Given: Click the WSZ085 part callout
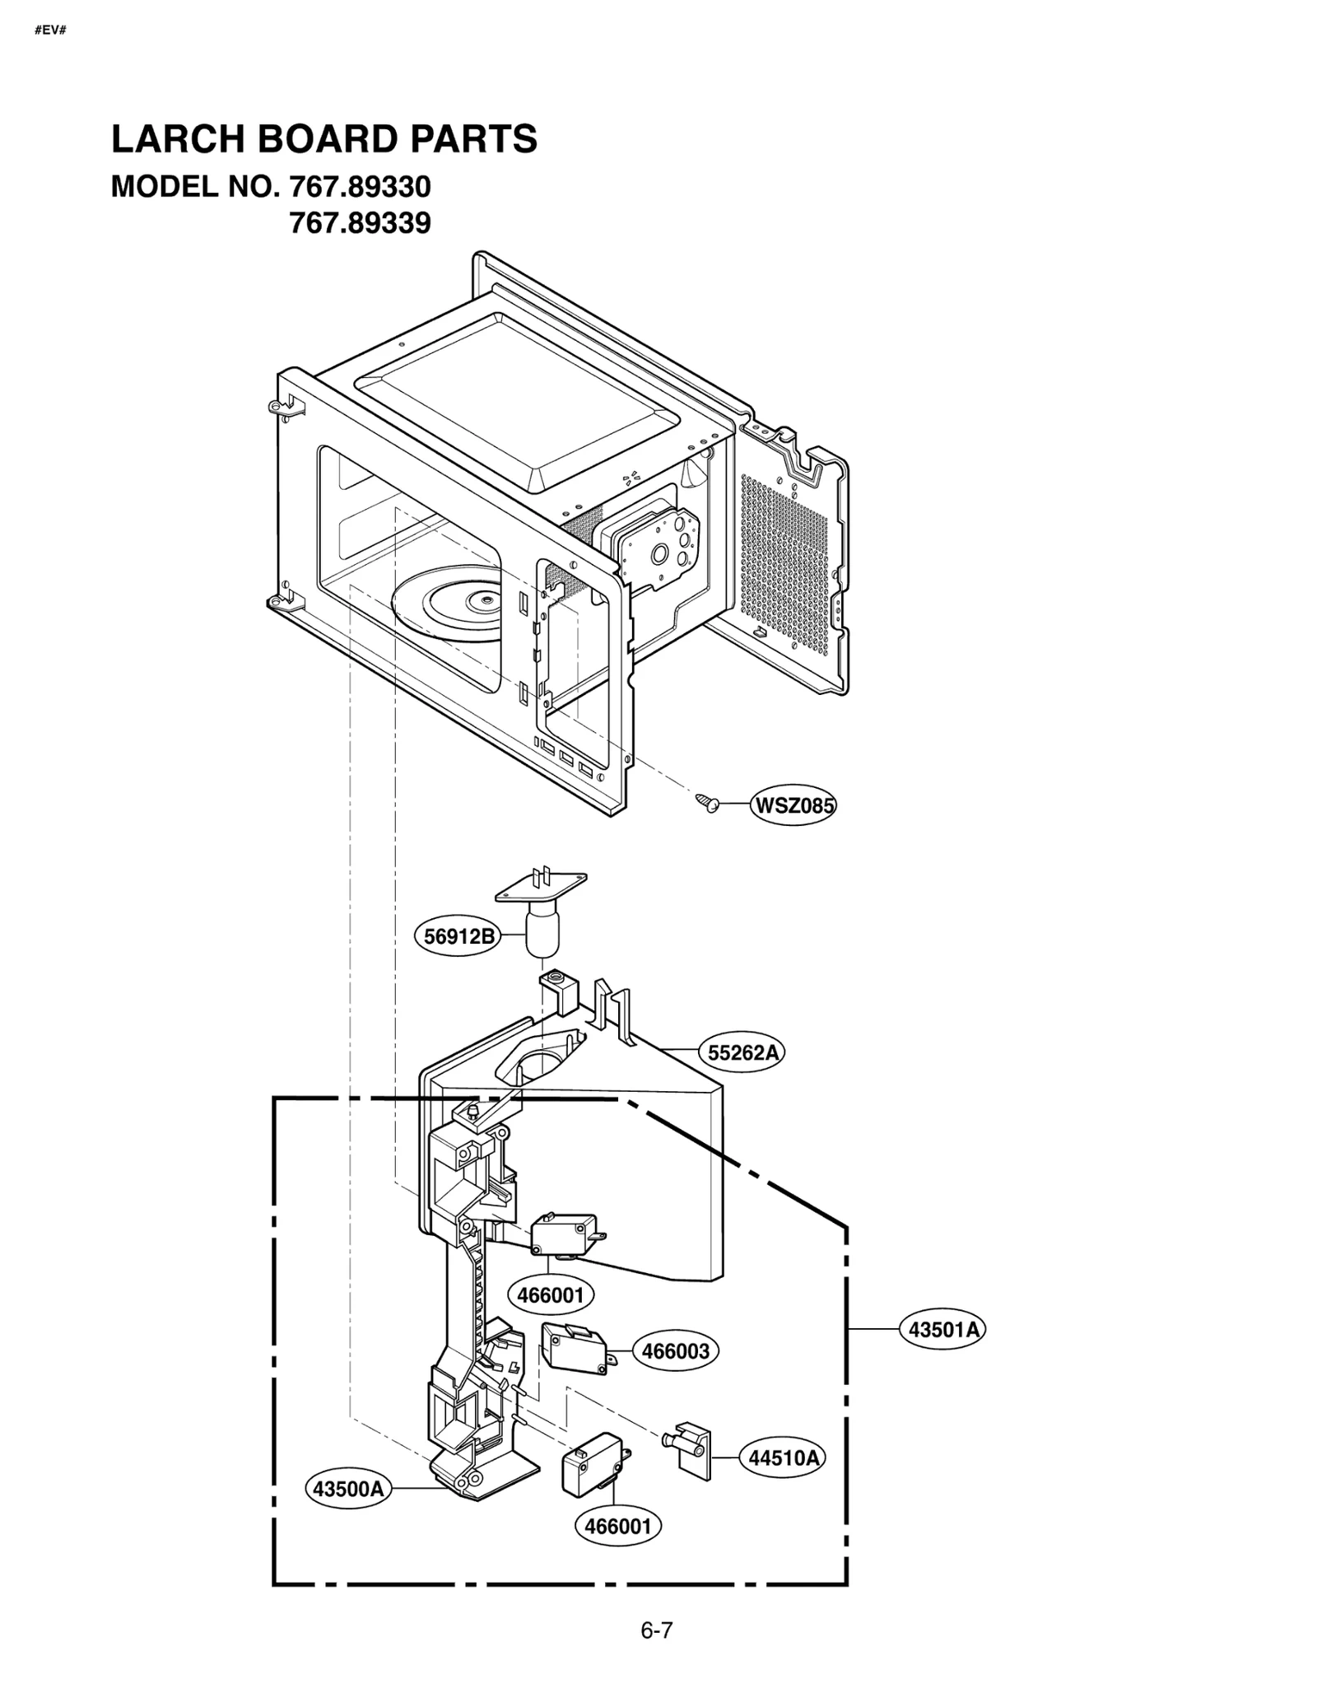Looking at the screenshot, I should click(x=793, y=805).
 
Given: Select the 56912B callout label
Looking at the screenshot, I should click(x=458, y=936).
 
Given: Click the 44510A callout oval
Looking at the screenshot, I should click(x=783, y=1457).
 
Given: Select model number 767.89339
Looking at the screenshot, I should click(x=360, y=223).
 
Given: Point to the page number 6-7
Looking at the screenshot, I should click(x=657, y=1630).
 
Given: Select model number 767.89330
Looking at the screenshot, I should click(x=360, y=187).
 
